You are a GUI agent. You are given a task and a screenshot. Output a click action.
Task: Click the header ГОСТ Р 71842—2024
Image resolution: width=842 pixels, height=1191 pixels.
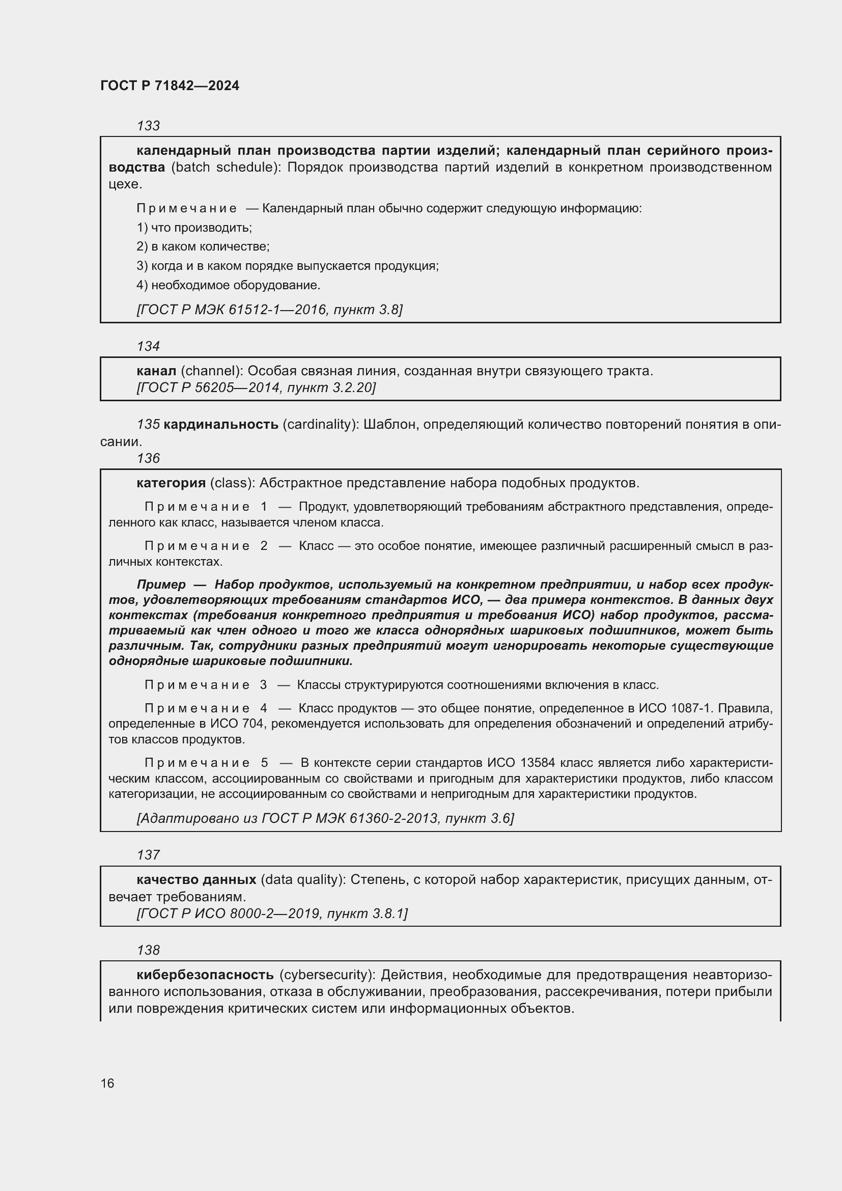point(170,86)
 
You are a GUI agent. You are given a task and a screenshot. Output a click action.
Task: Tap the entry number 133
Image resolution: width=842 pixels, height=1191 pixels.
point(148,126)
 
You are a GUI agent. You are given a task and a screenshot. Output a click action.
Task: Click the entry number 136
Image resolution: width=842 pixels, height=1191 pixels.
point(148,458)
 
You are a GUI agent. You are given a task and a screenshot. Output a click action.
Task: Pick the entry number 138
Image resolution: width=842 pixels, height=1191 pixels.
point(148,950)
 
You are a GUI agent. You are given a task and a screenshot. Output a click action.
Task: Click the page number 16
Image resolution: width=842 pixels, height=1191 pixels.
point(107,1083)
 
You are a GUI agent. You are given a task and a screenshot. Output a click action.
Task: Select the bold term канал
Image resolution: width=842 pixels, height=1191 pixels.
point(156,371)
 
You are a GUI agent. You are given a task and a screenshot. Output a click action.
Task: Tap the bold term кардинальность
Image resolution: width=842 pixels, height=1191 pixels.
point(221,424)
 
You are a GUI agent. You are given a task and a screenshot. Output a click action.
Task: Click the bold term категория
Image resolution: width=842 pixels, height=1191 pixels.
point(171,483)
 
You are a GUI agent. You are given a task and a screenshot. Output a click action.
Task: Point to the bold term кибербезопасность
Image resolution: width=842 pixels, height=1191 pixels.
point(205,975)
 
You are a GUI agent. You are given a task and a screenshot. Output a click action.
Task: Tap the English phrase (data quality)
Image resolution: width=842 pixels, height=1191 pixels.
point(303,879)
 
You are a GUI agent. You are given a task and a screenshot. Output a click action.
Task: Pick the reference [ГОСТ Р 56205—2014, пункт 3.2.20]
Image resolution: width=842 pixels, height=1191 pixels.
point(256,387)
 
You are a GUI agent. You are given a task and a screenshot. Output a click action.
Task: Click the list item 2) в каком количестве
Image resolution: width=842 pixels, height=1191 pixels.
point(203,246)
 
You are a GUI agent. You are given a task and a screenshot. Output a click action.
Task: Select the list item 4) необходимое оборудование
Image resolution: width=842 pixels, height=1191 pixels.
point(228,285)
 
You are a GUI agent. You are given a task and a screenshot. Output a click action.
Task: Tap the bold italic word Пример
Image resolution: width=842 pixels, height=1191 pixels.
point(161,584)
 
